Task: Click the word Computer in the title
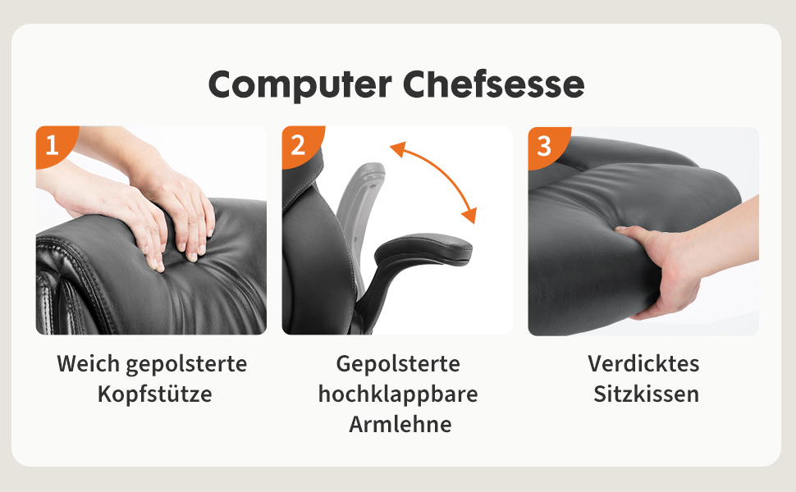pyautogui.click(x=300, y=84)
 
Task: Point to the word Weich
pyautogui.click(x=89, y=364)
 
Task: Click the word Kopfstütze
pyautogui.click(x=155, y=394)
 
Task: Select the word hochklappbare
pyautogui.click(x=398, y=394)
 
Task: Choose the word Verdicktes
pyautogui.click(x=643, y=364)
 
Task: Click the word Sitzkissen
pyautogui.click(x=647, y=394)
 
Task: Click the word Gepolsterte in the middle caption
pyautogui.click(x=398, y=364)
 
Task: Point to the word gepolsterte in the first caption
pyautogui.click(x=187, y=364)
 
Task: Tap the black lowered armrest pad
pyautogui.click(x=424, y=248)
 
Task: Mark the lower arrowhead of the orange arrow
pyautogui.click(x=469, y=215)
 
